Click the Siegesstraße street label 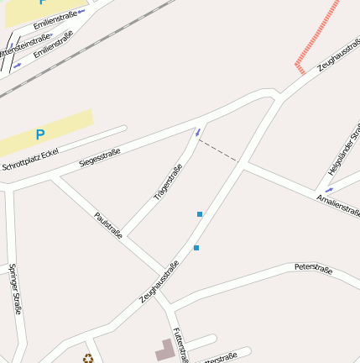point(100,156)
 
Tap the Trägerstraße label point(168,183)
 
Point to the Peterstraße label point(313,269)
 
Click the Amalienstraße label point(337,204)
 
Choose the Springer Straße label point(15,289)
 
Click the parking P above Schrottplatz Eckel point(39,134)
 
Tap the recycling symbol point(88,359)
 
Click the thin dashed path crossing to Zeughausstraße point(217,149)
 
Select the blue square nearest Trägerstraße point(200,214)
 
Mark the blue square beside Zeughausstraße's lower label point(196,247)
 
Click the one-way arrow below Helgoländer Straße point(329,189)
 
